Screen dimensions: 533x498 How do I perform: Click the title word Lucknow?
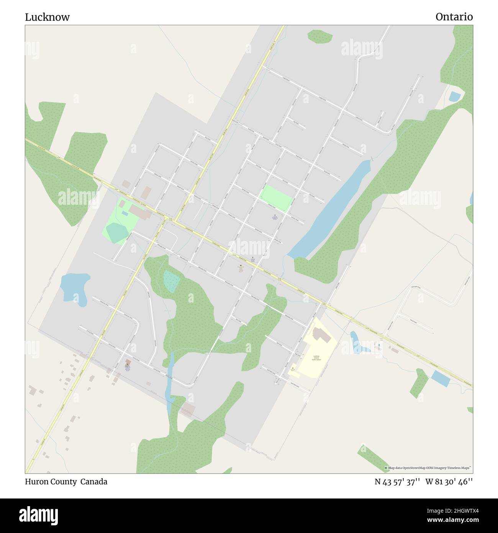pos(47,17)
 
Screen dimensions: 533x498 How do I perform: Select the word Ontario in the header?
pos(454,17)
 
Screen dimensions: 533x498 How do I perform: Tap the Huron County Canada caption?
pos(66,482)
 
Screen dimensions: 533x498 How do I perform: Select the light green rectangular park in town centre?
pos(276,198)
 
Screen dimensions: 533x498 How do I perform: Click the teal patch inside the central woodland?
pos(172,281)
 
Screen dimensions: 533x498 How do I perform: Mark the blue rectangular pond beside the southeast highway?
pos(441,378)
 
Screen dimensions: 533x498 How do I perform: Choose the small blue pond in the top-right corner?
pos(455,96)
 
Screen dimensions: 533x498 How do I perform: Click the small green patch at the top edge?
pos(320,36)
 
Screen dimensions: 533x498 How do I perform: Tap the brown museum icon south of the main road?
pos(240,265)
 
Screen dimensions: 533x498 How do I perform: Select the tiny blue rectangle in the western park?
pos(125,213)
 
